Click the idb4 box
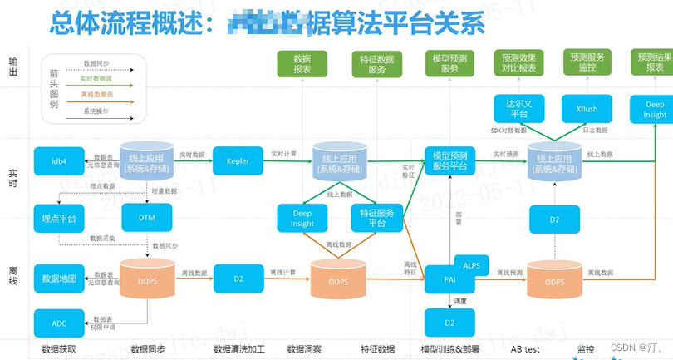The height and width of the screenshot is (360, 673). (x=58, y=160)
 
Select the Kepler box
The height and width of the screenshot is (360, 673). (x=237, y=160)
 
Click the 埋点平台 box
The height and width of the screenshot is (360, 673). (x=58, y=218)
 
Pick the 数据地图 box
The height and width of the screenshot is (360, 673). (x=58, y=279)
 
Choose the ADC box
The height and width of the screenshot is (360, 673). (x=58, y=321)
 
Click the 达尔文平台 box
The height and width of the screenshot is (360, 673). (x=518, y=109)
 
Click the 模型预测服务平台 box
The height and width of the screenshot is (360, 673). (x=449, y=160)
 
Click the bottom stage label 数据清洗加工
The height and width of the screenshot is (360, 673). (x=239, y=349)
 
